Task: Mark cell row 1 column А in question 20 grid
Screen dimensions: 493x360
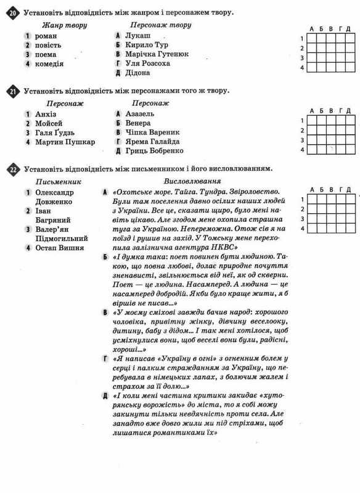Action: pyautogui.click(x=313, y=38)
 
